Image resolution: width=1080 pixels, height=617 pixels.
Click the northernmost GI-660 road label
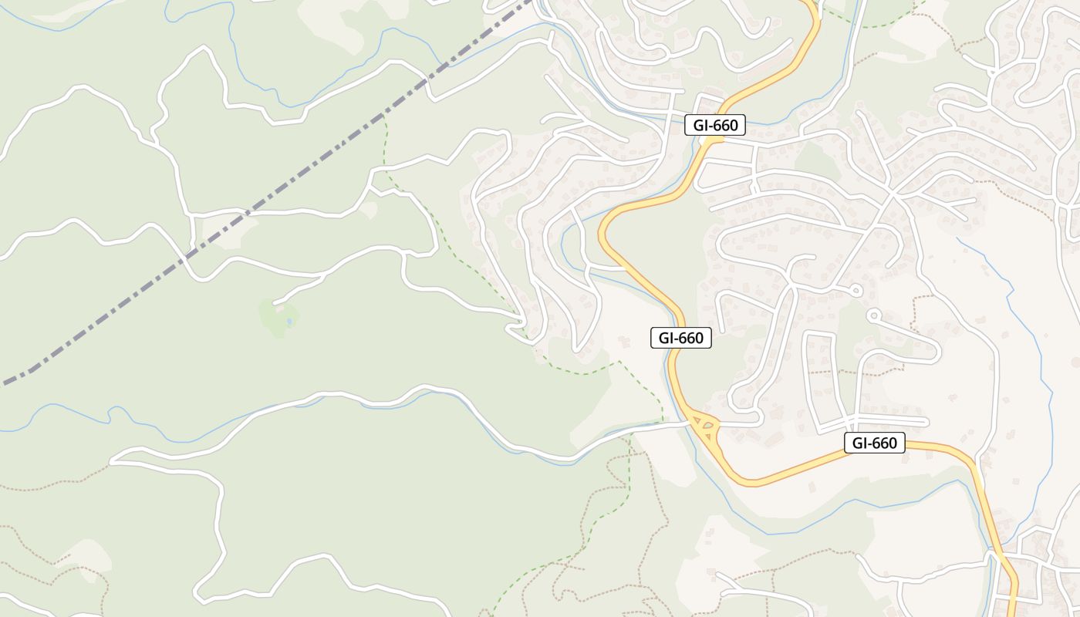click(715, 125)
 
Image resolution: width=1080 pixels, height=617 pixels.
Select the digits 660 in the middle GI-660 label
click(690, 338)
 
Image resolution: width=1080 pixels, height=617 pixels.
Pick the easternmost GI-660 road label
click(874, 443)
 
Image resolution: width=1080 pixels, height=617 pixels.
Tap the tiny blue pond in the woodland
click(289, 320)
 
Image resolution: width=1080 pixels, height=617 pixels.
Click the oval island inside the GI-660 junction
click(707, 424)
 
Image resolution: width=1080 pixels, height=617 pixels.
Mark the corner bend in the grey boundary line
click(31, 371)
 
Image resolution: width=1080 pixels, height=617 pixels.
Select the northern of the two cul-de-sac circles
click(855, 291)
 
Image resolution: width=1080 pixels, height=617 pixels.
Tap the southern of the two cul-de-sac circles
click(873, 315)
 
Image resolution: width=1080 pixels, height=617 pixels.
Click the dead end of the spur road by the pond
click(275, 302)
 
